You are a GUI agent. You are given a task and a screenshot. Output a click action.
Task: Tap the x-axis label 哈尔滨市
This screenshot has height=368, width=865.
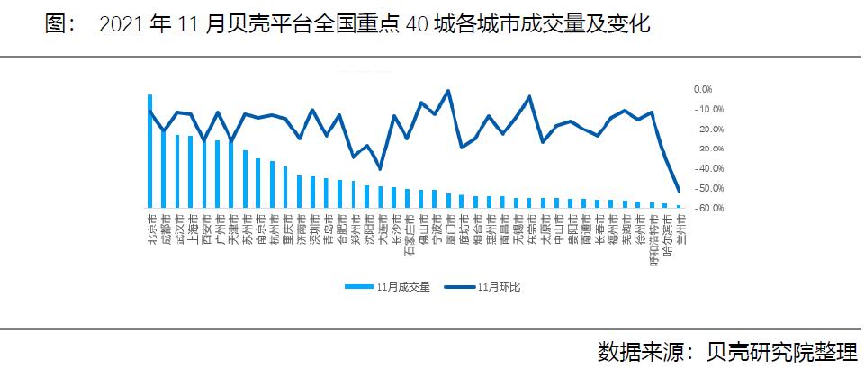click(665, 233)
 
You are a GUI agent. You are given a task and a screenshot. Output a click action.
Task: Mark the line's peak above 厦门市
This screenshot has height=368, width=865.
click(448, 91)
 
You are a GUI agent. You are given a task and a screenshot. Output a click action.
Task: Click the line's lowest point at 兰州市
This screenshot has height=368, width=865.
click(679, 192)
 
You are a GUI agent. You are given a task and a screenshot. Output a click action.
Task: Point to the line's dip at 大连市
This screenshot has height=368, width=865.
click(380, 168)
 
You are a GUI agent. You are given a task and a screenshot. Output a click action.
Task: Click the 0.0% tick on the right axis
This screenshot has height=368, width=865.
click(702, 89)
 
